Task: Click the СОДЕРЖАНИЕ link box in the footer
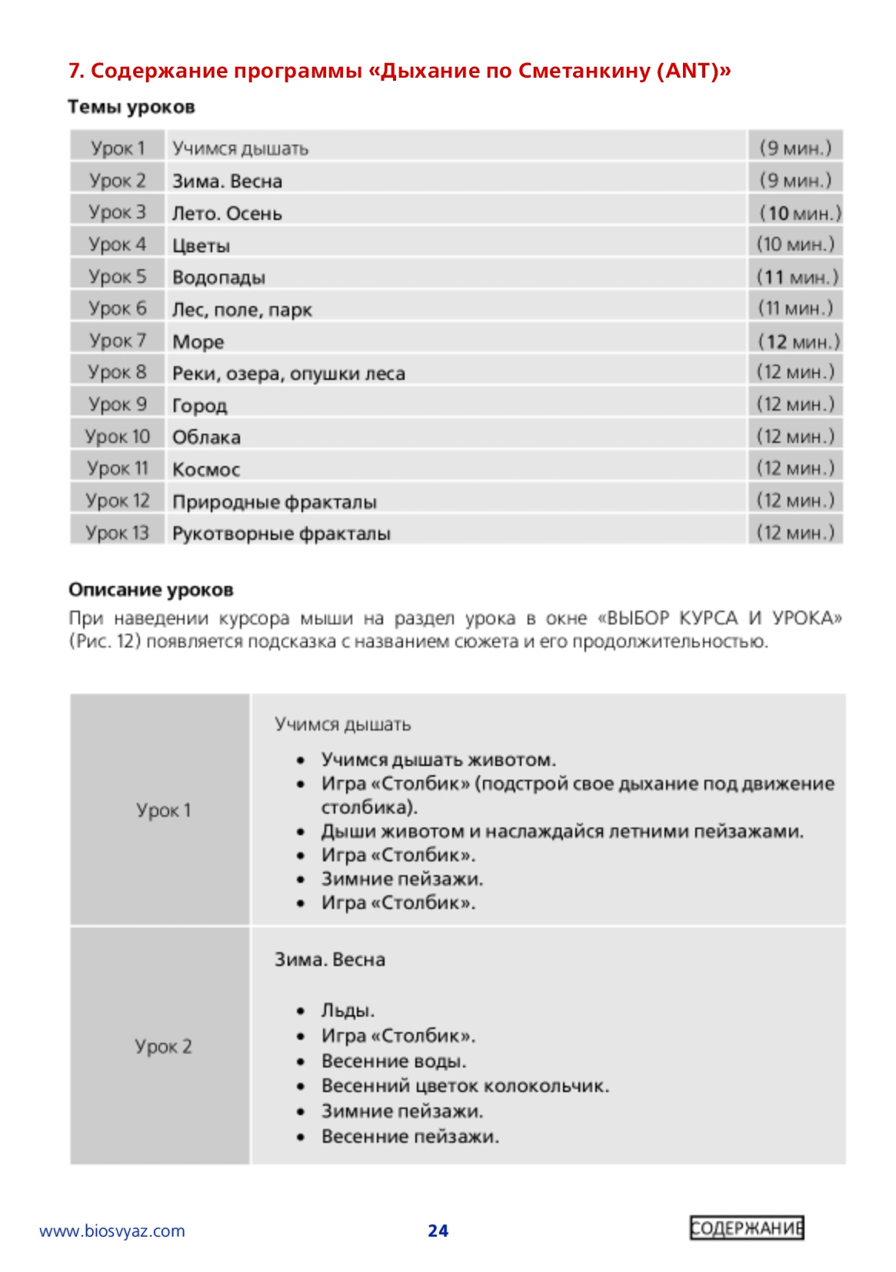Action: pos(745,1228)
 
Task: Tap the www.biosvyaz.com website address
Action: pos(112,1230)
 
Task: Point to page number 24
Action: pos(438,1230)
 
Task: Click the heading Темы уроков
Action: pos(131,107)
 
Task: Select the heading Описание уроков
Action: pos(151,590)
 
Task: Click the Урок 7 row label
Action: pos(118,340)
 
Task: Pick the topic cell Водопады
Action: pos(218,277)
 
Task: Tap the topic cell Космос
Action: pos(206,469)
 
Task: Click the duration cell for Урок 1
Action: pos(795,148)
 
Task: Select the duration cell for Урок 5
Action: pos(797,277)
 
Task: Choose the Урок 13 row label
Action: pos(118,532)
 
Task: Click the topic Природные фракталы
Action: pos(275,501)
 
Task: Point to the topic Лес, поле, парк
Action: pos(242,309)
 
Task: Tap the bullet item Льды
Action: pos(348,1011)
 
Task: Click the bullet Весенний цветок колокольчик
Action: pos(465,1086)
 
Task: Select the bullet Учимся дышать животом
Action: pos(438,760)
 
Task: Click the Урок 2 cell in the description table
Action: pos(163,1046)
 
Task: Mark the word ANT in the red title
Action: pos(688,71)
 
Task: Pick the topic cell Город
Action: pos(200,405)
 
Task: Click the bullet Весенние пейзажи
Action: pos(410,1136)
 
